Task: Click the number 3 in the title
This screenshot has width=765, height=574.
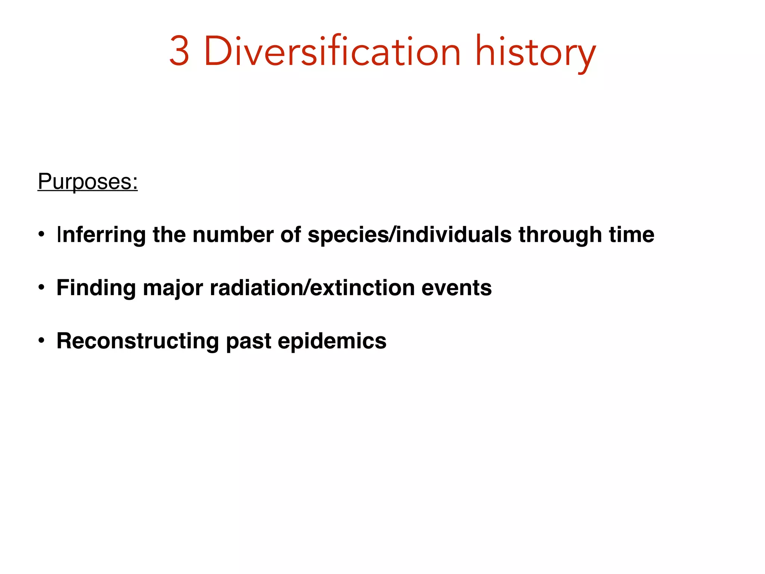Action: coord(179,51)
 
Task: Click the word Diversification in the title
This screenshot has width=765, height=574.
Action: coord(332,51)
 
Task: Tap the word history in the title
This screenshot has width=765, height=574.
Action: coord(535,52)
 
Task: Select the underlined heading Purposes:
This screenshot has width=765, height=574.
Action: coord(88,182)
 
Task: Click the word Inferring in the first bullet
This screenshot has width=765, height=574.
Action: coord(101,235)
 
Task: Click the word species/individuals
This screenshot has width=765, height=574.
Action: coord(409,235)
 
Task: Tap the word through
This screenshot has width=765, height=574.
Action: coord(560,235)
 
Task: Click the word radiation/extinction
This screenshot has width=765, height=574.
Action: coord(312,288)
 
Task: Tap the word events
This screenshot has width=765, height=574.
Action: coord(456,288)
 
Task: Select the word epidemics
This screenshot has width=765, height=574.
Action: coord(332,341)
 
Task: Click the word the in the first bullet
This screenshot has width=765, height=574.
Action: coord(169,235)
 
